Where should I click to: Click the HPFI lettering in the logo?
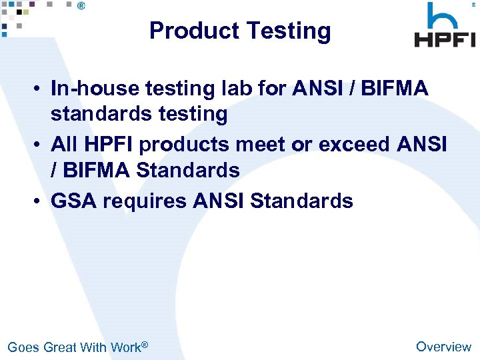tap(445, 39)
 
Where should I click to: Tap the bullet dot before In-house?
tap(41, 89)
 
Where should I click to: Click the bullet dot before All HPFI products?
tap(41, 144)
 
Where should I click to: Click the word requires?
tap(144, 200)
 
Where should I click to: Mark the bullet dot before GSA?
tap(41, 201)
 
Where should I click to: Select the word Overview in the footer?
tap(443, 346)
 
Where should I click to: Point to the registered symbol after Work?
tap(145, 344)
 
